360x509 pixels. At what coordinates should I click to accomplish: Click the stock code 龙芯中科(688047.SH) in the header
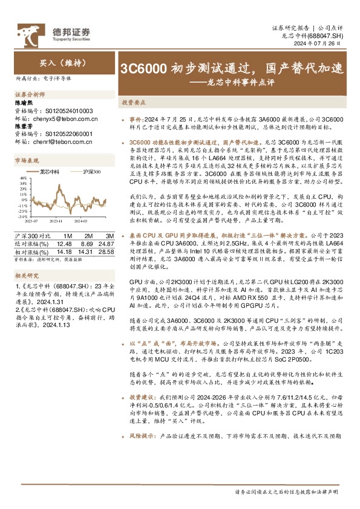coord(313,36)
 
